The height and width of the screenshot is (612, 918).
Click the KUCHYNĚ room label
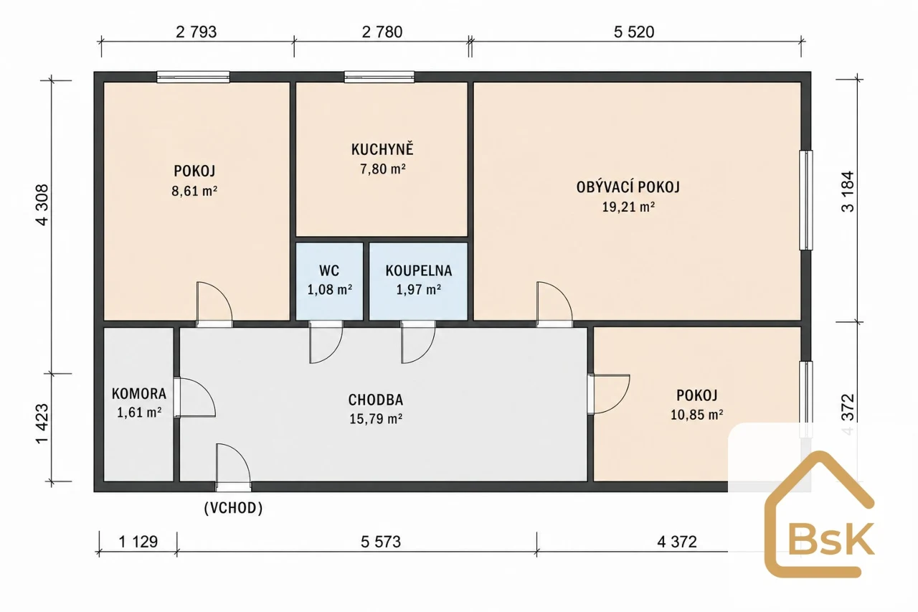tap(382, 149)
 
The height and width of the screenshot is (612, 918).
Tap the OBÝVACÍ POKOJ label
tap(628, 187)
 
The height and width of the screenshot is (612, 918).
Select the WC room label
tap(329, 270)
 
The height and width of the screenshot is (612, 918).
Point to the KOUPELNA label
tap(418, 270)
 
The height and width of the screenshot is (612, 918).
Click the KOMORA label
tap(139, 393)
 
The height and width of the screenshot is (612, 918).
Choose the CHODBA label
tap(375, 400)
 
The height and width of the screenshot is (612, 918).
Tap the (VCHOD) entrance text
tap(233, 508)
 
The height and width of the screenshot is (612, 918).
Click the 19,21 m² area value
tap(628, 207)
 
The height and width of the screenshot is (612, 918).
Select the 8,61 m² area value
tap(194, 191)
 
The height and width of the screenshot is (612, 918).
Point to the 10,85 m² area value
tap(696, 415)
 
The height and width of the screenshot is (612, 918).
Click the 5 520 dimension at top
tap(634, 32)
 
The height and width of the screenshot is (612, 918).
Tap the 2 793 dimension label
tap(197, 32)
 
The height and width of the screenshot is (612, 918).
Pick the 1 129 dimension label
tap(138, 542)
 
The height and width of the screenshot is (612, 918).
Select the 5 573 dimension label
tap(381, 542)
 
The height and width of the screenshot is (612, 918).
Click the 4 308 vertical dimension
tap(42, 205)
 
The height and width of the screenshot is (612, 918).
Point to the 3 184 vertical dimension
tap(848, 192)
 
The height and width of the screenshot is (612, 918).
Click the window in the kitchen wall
tap(379, 77)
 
